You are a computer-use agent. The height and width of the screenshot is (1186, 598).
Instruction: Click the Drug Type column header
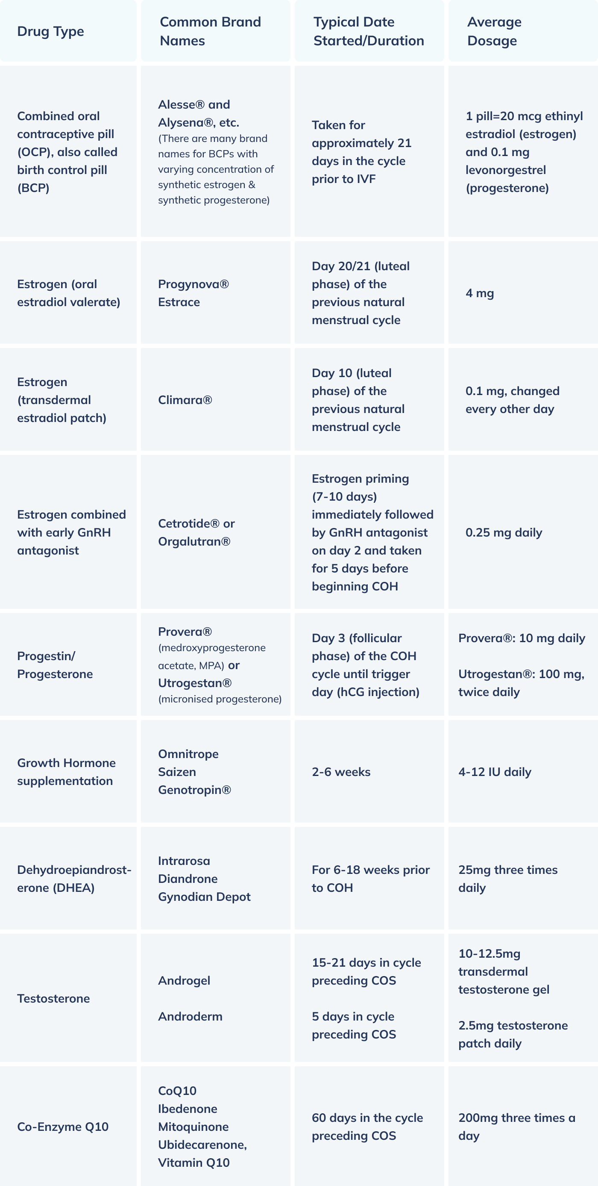tap(50, 31)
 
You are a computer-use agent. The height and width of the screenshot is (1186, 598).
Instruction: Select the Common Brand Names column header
tap(210, 31)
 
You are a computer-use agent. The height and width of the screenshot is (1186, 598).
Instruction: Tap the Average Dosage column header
tap(494, 31)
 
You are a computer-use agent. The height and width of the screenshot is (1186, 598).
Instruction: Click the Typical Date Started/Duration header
tap(369, 31)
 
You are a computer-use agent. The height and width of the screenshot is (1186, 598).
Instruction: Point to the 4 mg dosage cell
tap(479, 293)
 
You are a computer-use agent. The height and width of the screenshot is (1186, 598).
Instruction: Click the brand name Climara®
tap(185, 400)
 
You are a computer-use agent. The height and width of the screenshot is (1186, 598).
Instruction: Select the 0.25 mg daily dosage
tap(504, 533)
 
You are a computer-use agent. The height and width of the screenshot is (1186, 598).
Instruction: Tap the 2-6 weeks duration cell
tap(341, 772)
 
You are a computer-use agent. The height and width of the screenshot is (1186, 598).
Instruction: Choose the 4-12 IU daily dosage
tap(495, 772)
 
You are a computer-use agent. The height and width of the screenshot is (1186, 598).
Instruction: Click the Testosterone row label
tap(53, 999)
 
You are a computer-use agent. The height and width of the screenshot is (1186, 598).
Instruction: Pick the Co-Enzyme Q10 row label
tap(62, 1127)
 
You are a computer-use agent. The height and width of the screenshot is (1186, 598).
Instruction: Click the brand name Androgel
tap(184, 981)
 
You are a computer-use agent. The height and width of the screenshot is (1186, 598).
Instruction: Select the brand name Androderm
tap(190, 1017)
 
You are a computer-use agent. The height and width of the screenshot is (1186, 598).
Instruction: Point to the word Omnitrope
tap(188, 754)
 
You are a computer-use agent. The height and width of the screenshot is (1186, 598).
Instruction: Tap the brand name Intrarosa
tap(184, 861)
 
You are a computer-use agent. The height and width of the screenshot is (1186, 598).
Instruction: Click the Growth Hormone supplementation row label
tap(66, 772)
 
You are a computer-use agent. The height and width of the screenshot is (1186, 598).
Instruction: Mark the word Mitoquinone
tap(193, 1127)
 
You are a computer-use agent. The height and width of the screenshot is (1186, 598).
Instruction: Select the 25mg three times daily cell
tap(507, 879)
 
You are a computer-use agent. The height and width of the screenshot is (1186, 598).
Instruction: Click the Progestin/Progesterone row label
tap(55, 665)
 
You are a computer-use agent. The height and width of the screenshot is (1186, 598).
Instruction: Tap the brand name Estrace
tap(179, 302)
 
